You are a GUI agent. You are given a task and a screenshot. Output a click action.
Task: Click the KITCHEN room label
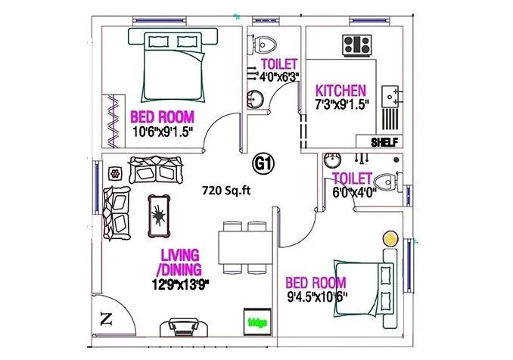(x=341, y=89)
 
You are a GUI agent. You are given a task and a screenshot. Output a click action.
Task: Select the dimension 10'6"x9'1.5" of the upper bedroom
(x=162, y=132)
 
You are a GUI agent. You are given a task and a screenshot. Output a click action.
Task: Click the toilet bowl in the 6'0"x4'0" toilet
(x=388, y=181)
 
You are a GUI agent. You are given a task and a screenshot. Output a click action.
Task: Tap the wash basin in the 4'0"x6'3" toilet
(x=256, y=98)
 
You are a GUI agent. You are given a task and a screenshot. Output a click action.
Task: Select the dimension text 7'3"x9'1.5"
(x=341, y=104)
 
